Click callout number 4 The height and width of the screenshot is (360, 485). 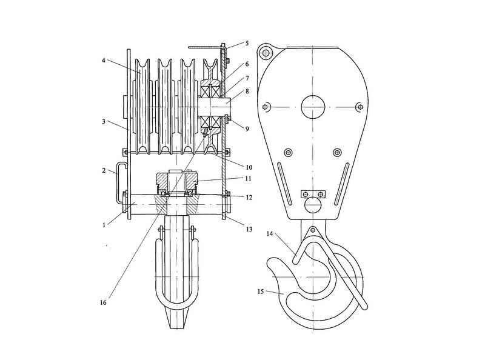click(x=104, y=61)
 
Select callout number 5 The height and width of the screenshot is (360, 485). click(x=247, y=43)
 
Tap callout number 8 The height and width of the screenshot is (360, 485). click(x=247, y=92)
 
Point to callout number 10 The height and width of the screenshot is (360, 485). click(x=249, y=167)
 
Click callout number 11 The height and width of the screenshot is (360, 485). click(x=249, y=178)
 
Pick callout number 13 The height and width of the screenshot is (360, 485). click(x=249, y=229)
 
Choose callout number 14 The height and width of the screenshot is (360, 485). click(x=270, y=234)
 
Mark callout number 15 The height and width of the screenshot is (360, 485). click(x=261, y=292)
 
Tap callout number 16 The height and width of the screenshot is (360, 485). click(x=103, y=302)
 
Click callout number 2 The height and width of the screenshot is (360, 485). click(x=104, y=170)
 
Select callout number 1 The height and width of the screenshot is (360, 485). click(x=104, y=225)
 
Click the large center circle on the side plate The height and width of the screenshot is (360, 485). click(x=313, y=107)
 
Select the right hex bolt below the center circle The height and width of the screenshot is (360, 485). click(x=338, y=152)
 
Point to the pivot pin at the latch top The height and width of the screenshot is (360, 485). click(x=313, y=230)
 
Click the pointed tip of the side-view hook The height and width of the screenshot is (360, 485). click(x=269, y=263)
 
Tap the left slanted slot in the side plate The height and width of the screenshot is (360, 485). click(x=284, y=184)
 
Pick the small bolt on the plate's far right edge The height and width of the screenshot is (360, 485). click(x=360, y=107)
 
